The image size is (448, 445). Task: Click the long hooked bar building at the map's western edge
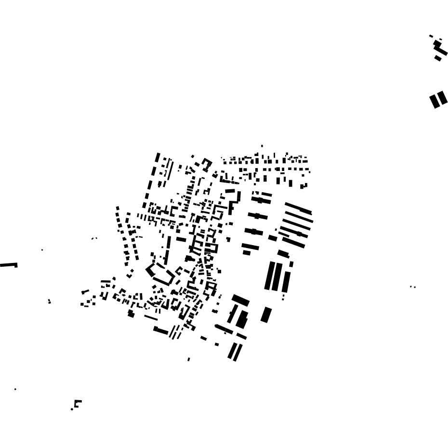(x=8, y=265)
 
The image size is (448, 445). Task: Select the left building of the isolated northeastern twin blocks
(x=435, y=102)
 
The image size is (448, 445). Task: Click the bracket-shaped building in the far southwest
(x=77, y=403)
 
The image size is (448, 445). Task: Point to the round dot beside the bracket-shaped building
(x=72, y=409)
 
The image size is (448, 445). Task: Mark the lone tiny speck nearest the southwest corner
(x=15, y=389)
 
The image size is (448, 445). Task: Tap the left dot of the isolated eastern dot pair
(x=411, y=287)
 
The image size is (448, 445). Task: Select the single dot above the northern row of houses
(x=262, y=145)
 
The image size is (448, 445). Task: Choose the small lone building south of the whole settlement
(x=188, y=359)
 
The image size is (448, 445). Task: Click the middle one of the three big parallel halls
(x=277, y=276)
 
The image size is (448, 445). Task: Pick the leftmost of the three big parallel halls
(x=269, y=275)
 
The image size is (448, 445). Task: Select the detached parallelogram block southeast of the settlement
(x=266, y=315)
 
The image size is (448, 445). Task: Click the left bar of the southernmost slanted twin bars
(x=232, y=351)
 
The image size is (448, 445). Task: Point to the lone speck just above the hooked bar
(x=42, y=249)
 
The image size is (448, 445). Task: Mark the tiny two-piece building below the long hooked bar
(x=49, y=301)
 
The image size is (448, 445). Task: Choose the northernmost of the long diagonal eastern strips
(x=298, y=208)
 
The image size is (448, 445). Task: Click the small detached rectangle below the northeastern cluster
(x=438, y=58)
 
